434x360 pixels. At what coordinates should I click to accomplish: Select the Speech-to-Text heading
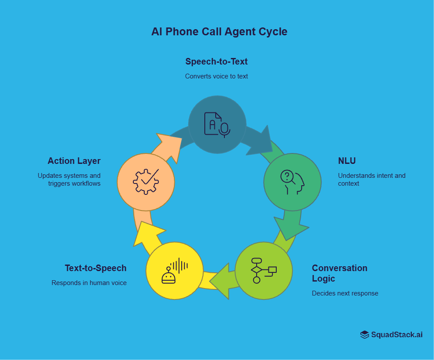[x=217, y=61]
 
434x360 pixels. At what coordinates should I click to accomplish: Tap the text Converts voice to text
[x=217, y=76]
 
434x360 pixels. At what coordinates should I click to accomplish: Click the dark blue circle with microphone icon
[x=217, y=125]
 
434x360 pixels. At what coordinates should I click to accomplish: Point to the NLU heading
[x=347, y=161]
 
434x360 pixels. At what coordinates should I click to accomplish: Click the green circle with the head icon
[x=292, y=182]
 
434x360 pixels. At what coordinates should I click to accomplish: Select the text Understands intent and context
[x=372, y=180]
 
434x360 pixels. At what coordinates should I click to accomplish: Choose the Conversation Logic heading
[x=339, y=273]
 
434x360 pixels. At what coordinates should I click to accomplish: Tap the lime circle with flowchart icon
[x=264, y=271]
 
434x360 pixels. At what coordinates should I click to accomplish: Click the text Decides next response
[x=345, y=293]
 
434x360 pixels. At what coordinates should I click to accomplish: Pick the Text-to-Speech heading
[x=95, y=268]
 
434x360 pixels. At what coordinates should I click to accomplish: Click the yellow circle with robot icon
[x=174, y=271]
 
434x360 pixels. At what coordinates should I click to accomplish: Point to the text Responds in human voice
[x=89, y=283]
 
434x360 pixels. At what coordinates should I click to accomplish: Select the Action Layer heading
[x=74, y=161]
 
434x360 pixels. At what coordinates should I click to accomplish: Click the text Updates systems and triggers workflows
[x=69, y=180]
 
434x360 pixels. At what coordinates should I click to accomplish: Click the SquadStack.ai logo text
[x=397, y=335]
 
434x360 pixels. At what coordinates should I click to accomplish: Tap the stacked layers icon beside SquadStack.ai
[x=365, y=335]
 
